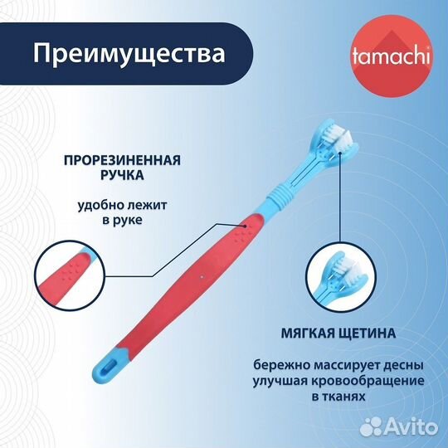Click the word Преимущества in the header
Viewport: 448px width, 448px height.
coord(129,54)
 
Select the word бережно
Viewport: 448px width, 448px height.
coord(281,364)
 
